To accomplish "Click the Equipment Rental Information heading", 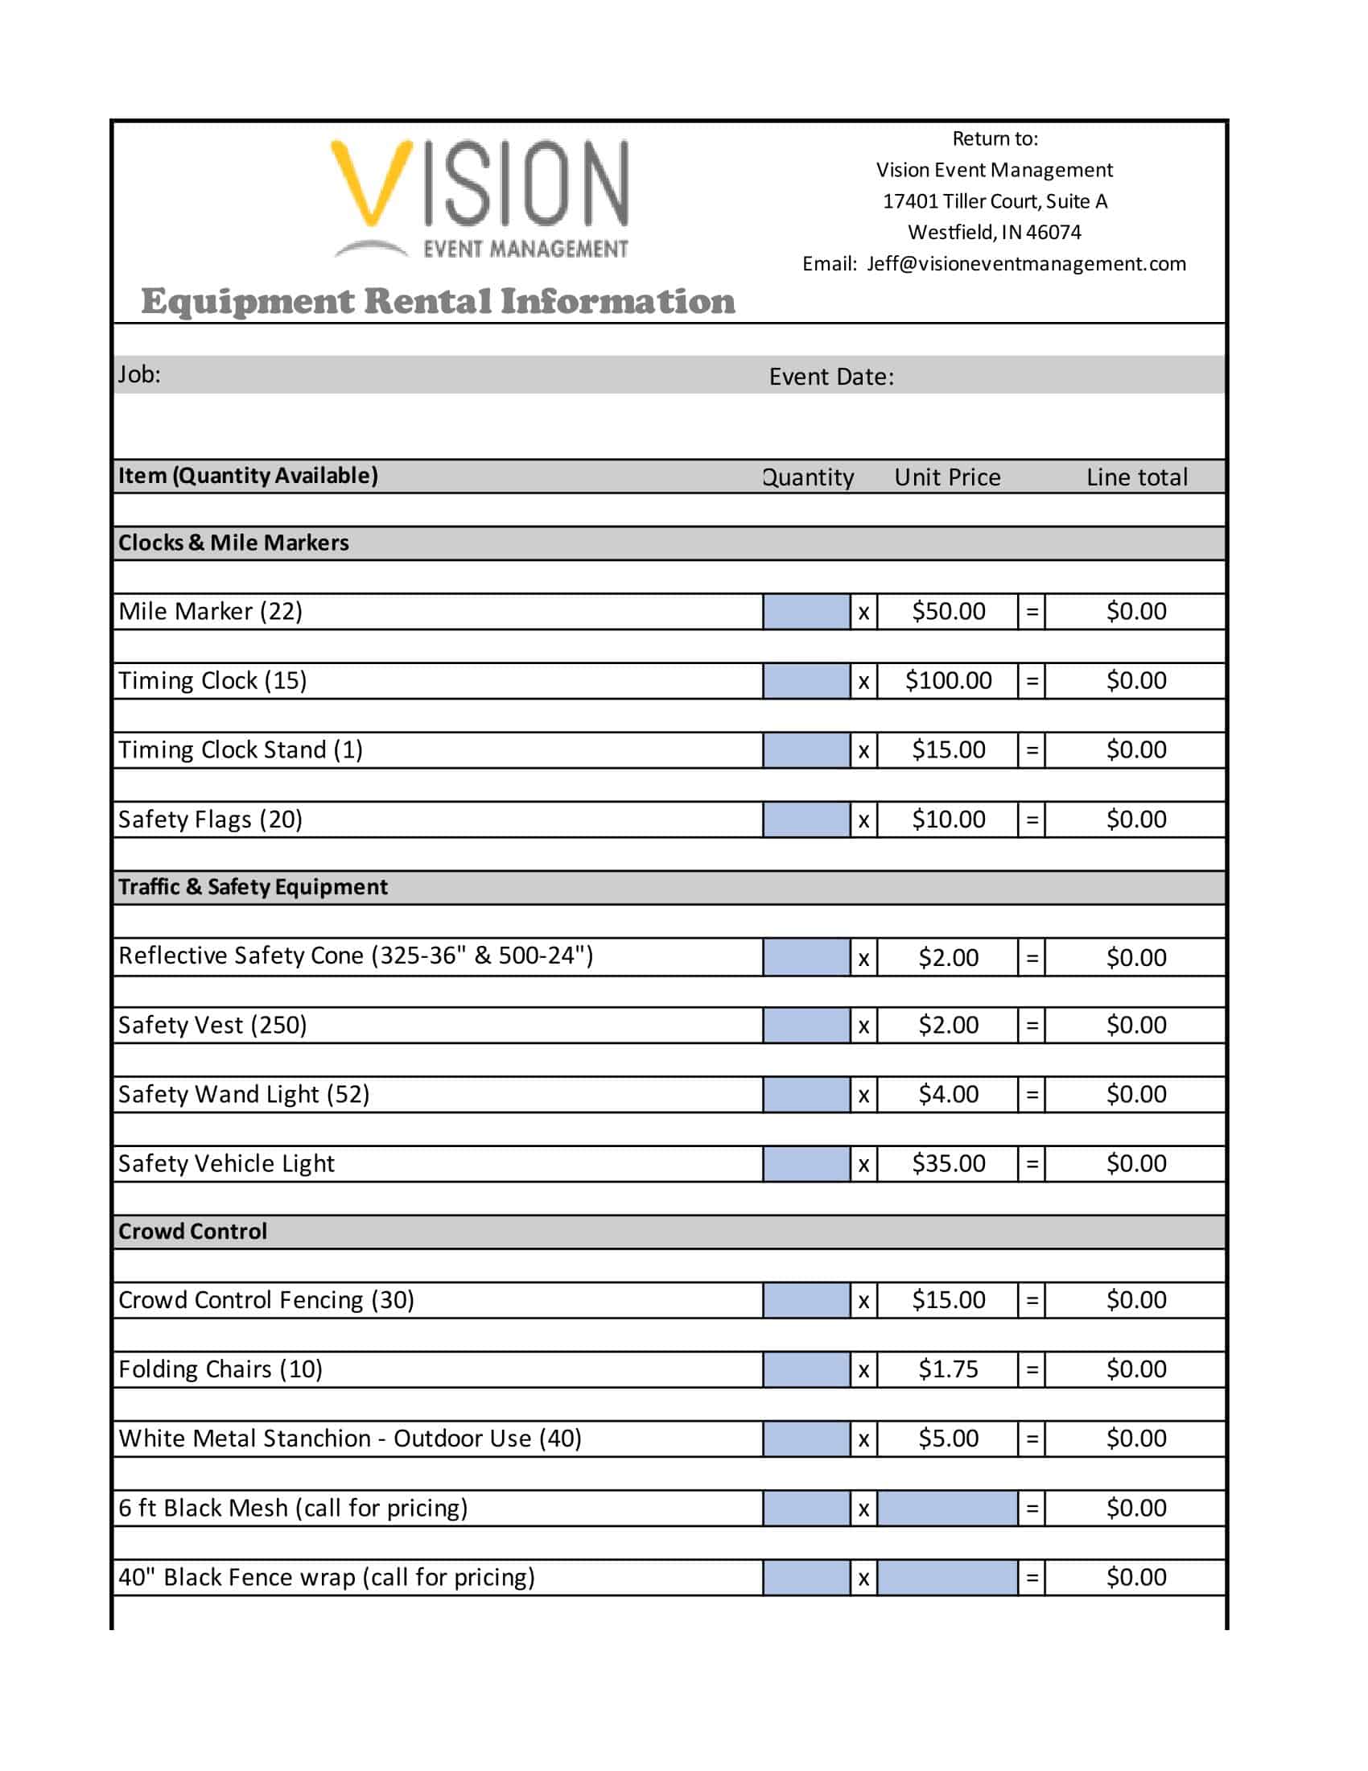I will pyautogui.click(x=438, y=301).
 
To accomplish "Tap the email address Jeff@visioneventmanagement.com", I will pyautogui.click(x=1026, y=263).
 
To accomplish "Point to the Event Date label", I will pyautogui.click(x=830, y=376).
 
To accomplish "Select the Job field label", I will pyautogui.click(x=139, y=374).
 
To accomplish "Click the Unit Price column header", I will pyautogui.click(x=946, y=477).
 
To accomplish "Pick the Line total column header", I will pyautogui.click(x=1136, y=477).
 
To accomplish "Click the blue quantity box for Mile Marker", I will pyautogui.click(x=806, y=612).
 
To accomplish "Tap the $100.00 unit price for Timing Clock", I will pyautogui.click(x=947, y=680).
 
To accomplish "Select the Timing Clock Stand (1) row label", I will pyautogui.click(x=240, y=749).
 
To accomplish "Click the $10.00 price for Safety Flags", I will pyautogui.click(x=948, y=819).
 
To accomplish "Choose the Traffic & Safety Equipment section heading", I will pyautogui.click(x=253, y=886).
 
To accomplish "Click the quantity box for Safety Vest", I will pyautogui.click(x=806, y=1025).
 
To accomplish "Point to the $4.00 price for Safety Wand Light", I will pyautogui.click(x=948, y=1094).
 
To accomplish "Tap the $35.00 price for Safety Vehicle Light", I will pyautogui.click(x=948, y=1164).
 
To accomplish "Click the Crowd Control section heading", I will pyautogui.click(x=192, y=1231).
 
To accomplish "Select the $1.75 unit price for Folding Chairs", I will pyautogui.click(x=948, y=1369).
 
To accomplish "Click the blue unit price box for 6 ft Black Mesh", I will pyautogui.click(x=946, y=1509).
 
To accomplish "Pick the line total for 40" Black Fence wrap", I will pyautogui.click(x=1136, y=1577).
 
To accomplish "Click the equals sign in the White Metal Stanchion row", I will pyautogui.click(x=1032, y=1439).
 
